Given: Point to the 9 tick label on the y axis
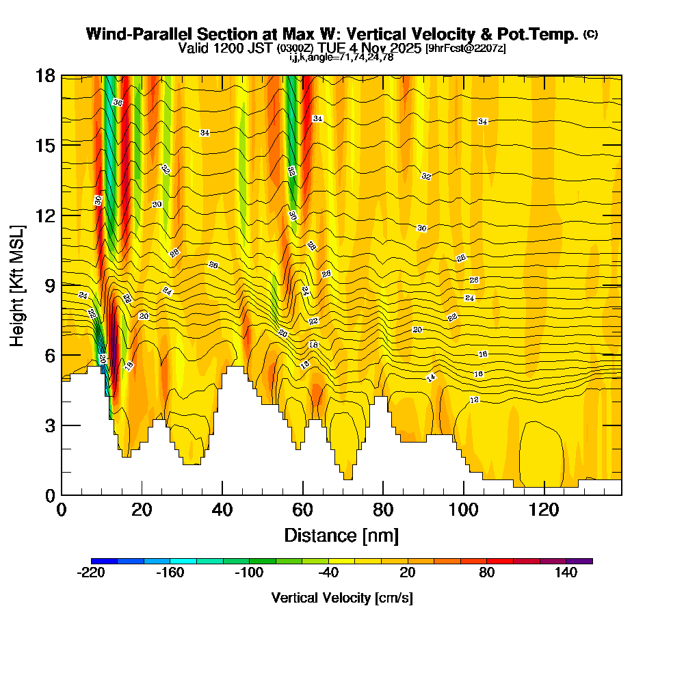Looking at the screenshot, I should pyautogui.click(x=49, y=285).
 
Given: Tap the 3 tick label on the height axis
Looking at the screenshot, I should pyautogui.click(x=49, y=425).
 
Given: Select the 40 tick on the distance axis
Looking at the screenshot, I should pyautogui.click(x=222, y=510).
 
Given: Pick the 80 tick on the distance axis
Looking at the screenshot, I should pyautogui.click(x=383, y=510).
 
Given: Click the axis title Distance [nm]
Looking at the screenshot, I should pyautogui.click(x=341, y=535).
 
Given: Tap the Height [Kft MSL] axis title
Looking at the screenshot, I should pyautogui.click(x=18, y=285).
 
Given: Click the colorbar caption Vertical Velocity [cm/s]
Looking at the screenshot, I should pyautogui.click(x=341, y=598).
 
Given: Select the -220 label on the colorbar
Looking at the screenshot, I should pyautogui.click(x=91, y=573).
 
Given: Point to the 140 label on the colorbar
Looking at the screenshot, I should pyautogui.click(x=566, y=573).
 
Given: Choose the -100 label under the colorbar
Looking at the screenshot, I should pyautogui.click(x=249, y=573).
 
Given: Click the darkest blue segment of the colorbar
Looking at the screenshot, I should pyautogui.click(x=104, y=561).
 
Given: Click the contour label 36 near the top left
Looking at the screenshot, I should pyautogui.click(x=118, y=103).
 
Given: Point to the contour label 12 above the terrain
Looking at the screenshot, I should pyautogui.click(x=475, y=399).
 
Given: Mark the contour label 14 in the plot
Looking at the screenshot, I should pyautogui.click(x=431, y=378).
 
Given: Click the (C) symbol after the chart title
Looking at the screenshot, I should pyautogui.click(x=591, y=34).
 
